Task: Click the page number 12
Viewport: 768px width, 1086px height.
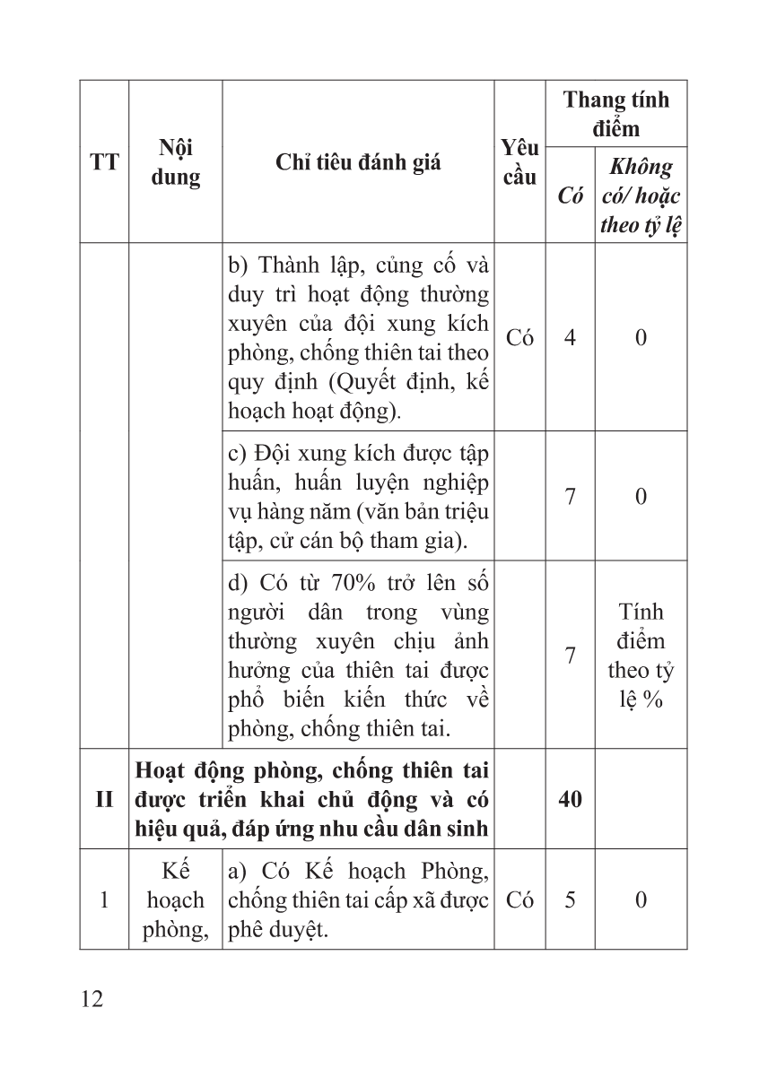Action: [91, 998]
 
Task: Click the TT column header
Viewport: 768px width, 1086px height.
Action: [104, 162]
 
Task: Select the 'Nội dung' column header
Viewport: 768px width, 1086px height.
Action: [176, 162]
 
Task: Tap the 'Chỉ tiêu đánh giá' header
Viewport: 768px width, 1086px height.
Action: [358, 162]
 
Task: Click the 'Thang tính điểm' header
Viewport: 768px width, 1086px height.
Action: [616, 113]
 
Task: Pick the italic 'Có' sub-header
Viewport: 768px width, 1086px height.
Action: [570, 195]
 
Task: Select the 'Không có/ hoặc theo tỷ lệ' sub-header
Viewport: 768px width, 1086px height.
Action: [641, 195]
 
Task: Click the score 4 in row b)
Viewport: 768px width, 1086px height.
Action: [570, 337]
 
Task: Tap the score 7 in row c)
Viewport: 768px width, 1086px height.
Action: [570, 496]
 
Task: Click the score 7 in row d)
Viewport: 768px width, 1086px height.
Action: [570, 656]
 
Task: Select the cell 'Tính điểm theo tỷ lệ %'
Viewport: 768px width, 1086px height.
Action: [641, 656]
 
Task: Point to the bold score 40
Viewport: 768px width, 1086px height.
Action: [570, 799]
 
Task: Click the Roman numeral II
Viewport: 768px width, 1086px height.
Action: [104, 799]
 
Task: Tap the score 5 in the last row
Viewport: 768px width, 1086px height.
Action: [570, 899]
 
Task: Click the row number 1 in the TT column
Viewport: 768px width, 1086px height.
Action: [104, 899]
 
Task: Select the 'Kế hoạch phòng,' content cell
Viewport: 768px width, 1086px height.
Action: [176, 899]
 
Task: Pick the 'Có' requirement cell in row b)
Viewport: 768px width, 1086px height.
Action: [519, 337]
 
